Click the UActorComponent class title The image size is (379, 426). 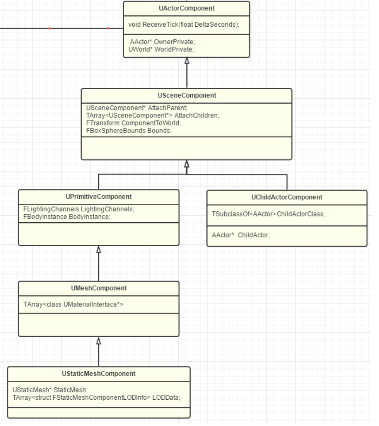tap(186, 9)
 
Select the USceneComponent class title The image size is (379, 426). tap(187, 95)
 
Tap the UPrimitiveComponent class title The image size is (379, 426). tap(98, 197)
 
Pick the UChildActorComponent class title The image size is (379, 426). tap(287, 197)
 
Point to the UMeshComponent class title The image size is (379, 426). tap(99, 288)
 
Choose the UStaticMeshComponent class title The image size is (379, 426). tap(98, 374)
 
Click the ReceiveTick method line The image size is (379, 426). tap(184, 25)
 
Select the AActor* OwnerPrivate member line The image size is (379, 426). tap(162, 42)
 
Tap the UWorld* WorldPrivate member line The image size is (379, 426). tap(161, 49)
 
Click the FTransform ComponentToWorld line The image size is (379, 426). tap(133, 123)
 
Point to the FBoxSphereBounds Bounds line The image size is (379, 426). tap(129, 131)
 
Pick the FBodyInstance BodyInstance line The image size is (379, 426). tap(67, 217)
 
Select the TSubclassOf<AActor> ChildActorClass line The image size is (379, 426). tap(268, 214)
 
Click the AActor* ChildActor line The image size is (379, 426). tap(241, 235)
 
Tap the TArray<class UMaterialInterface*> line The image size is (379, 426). tap(73, 305)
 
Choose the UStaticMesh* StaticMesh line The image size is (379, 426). tap(50, 390)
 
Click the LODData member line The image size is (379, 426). tap(97, 398)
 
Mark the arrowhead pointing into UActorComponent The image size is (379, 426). tap(187, 61)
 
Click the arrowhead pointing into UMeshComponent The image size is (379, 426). tap(98, 341)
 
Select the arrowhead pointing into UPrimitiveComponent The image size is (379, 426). tap(98, 249)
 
